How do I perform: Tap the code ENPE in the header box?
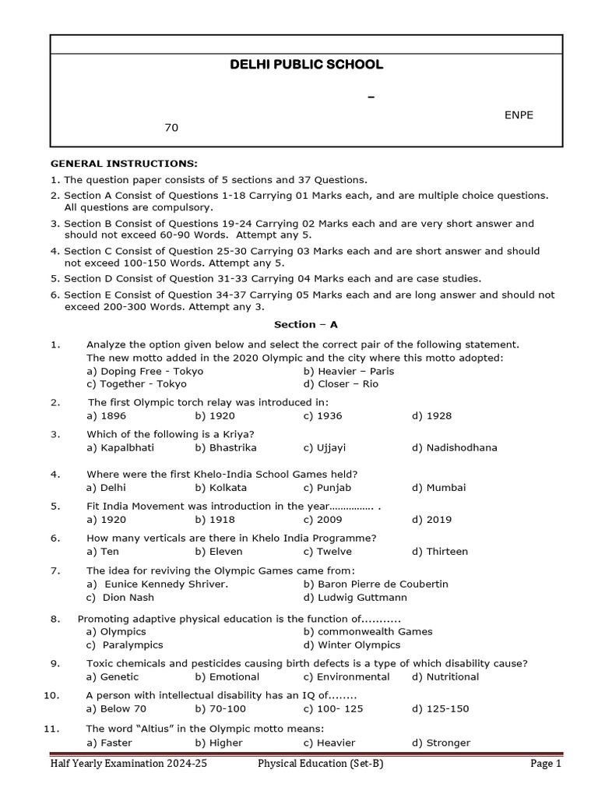(519, 115)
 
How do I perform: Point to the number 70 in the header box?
(171, 127)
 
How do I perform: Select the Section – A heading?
(306, 324)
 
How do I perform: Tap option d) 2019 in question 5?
(432, 520)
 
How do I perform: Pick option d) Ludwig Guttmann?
(355, 598)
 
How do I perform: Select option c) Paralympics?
(125, 645)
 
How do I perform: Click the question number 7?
(55, 570)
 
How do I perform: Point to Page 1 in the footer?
(546, 764)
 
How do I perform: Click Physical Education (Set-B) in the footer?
(321, 764)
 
